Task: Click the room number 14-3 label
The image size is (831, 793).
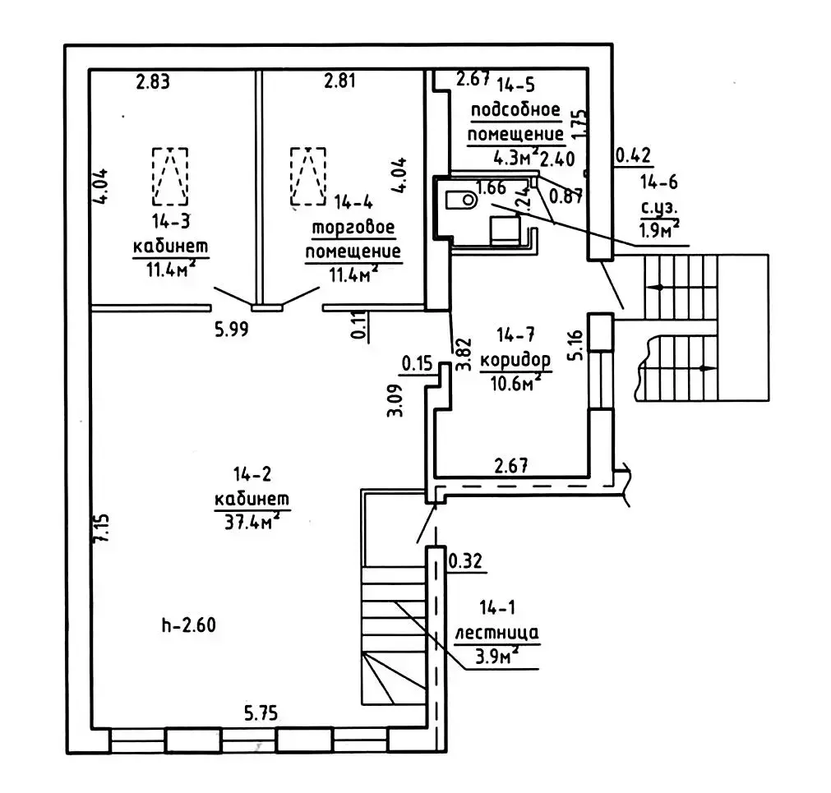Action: pos(170,221)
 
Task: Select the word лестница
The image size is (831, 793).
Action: pos(496,633)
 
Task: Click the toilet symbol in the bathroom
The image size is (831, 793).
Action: pos(461,198)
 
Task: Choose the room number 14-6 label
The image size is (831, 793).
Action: pos(660,182)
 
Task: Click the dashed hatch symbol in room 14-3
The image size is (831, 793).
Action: pos(169,176)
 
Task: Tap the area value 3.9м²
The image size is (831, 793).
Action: pos(496,656)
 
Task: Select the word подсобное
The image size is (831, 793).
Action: pos(515,110)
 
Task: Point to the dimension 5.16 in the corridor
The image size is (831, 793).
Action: pos(578,345)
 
